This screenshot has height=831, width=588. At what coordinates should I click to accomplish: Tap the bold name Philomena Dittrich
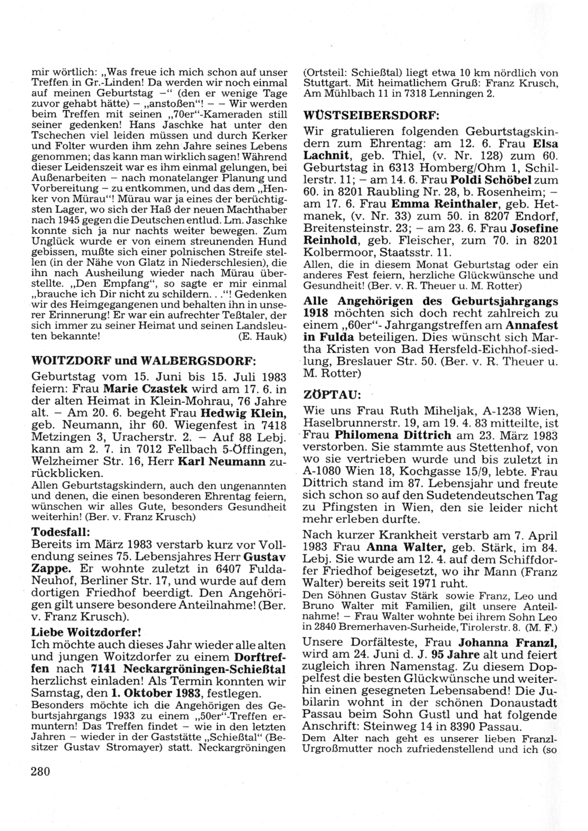(x=393, y=436)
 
